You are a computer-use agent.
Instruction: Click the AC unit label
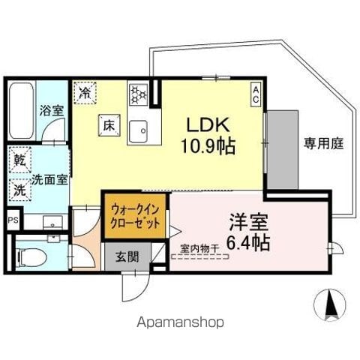click(x=256, y=94)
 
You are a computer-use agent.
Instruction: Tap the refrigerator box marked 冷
click(x=85, y=93)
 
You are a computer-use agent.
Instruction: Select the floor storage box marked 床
click(x=109, y=125)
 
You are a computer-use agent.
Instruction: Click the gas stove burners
click(x=139, y=94)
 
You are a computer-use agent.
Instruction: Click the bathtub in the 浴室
click(x=22, y=110)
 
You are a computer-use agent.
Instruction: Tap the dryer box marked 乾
click(x=20, y=160)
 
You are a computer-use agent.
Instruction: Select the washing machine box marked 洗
click(x=20, y=190)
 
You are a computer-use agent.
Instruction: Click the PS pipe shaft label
click(x=13, y=220)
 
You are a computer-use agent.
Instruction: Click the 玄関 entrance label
click(x=127, y=256)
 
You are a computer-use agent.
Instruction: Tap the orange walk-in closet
click(x=135, y=216)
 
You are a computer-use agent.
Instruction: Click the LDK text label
click(x=208, y=125)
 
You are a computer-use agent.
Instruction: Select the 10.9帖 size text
click(x=208, y=145)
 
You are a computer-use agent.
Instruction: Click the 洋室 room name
click(x=249, y=222)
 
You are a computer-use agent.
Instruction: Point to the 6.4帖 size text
click(x=248, y=242)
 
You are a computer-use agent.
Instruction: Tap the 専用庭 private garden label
click(x=324, y=143)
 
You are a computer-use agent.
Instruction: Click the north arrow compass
click(x=330, y=304)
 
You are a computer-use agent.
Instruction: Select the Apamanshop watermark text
click(x=180, y=322)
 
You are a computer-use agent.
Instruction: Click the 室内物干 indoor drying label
click(x=199, y=248)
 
